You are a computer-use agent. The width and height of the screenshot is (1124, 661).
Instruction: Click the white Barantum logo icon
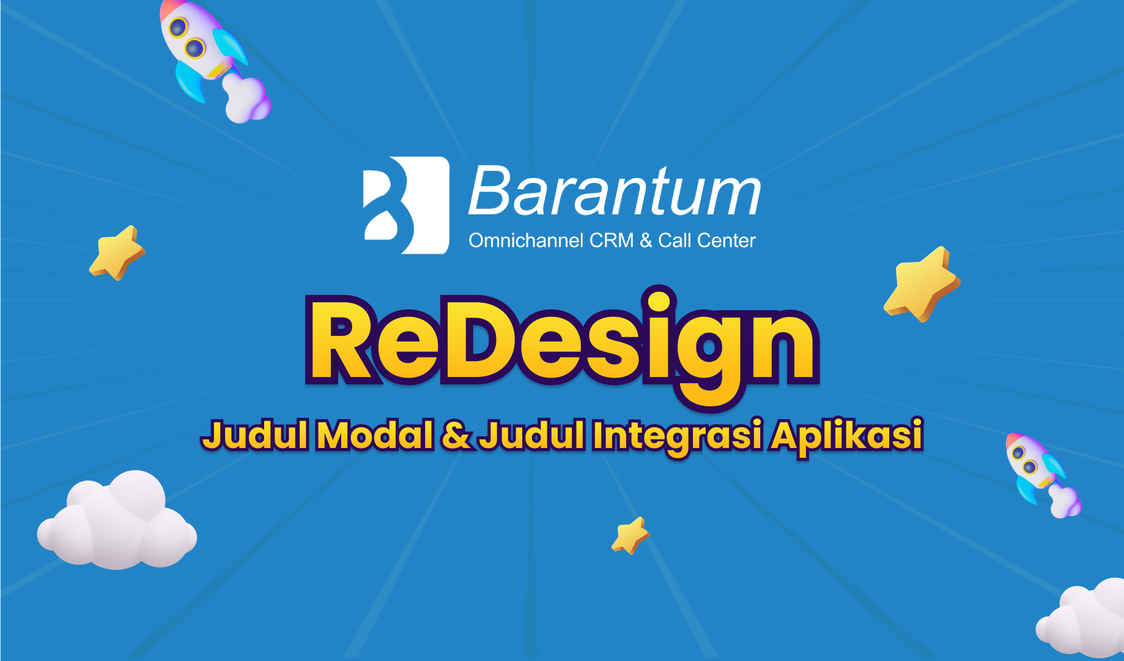click(407, 205)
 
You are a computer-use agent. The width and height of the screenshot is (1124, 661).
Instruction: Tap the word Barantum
click(615, 191)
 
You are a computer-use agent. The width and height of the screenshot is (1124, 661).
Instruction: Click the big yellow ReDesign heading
click(563, 346)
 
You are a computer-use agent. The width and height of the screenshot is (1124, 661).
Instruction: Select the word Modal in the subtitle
click(375, 435)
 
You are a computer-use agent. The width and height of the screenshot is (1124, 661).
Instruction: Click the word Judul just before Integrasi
click(531, 435)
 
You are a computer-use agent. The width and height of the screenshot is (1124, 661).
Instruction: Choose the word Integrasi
click(678, 437)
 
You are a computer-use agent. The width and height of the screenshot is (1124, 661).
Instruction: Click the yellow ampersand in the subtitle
click(456, 435)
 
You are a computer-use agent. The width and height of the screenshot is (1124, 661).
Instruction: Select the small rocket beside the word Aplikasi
click(1043, 475)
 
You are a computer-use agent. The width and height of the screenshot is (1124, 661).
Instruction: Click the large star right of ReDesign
click(922, 284)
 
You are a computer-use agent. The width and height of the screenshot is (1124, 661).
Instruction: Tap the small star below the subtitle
click(630, 536)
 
